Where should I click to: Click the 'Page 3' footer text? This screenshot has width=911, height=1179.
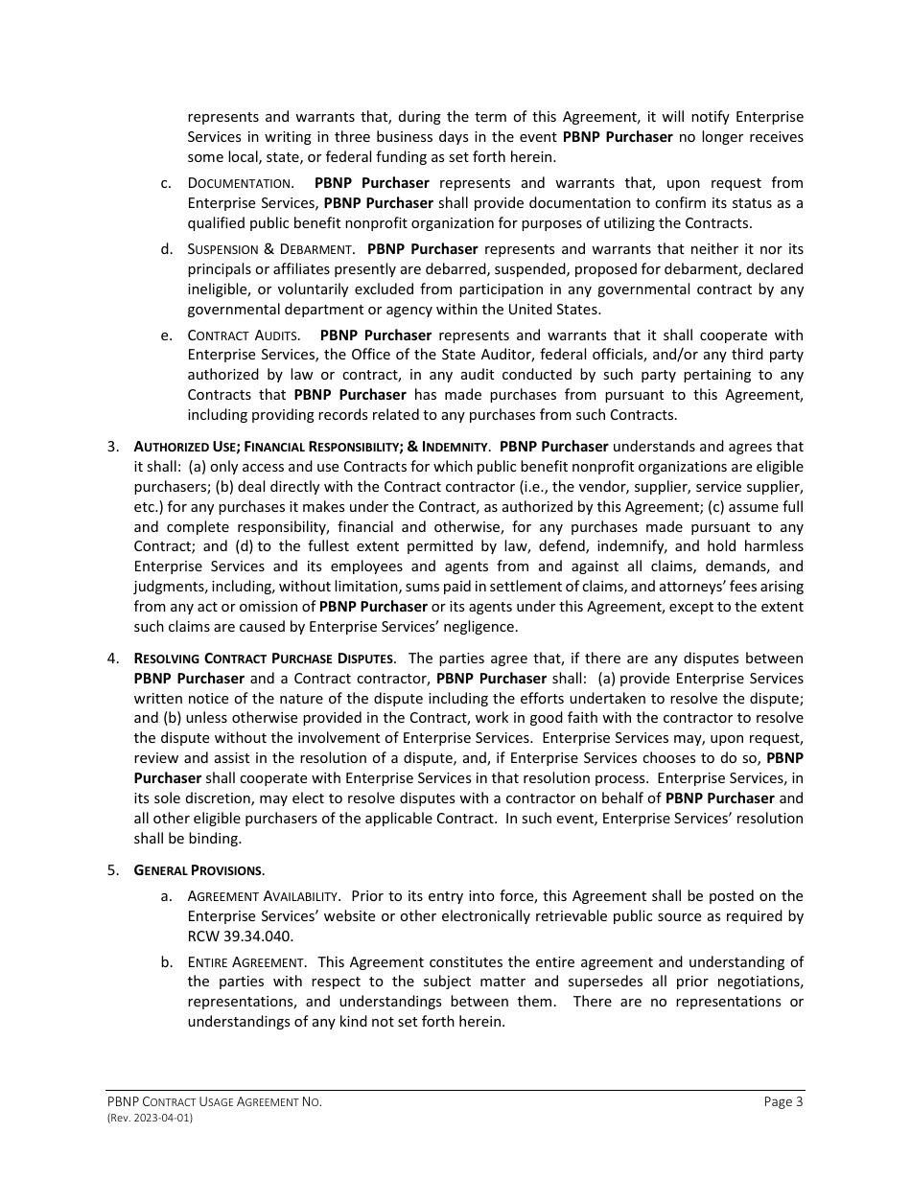783,1101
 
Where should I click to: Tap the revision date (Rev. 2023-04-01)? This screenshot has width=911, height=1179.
150,1118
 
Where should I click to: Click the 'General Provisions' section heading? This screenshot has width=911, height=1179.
199,870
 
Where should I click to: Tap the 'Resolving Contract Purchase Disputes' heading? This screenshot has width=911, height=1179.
264,659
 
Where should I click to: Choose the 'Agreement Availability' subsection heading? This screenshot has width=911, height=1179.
264,896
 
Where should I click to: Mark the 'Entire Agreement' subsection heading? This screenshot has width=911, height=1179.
246,961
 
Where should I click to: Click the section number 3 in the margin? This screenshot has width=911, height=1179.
113,447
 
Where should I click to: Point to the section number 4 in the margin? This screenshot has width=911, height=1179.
113,659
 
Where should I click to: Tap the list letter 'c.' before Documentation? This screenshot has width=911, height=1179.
167,183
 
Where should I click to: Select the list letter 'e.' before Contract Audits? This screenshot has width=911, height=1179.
167,335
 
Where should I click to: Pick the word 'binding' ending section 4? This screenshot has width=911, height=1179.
215,839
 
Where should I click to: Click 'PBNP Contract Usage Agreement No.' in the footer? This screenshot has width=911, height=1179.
214,1101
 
